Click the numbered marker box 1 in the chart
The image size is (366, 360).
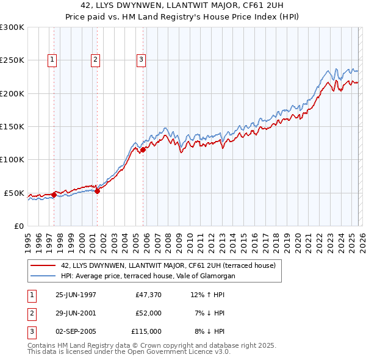click(x=52, y=60)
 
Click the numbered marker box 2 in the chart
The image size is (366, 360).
click(x=96, y=60)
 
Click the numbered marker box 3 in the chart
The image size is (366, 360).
click(x=141, y=60)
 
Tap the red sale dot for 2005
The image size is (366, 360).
click(x=143, y=149)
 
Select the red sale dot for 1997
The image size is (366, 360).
click(x=54, y=195)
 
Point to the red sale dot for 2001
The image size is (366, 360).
click(x=97, y=191)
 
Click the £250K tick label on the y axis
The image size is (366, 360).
click(x=12, y=60)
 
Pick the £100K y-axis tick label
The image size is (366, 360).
click(x=12, y=160)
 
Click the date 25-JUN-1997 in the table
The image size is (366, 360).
click(x=76, y=295)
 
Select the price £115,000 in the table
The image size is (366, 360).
click(x=146, y=331)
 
